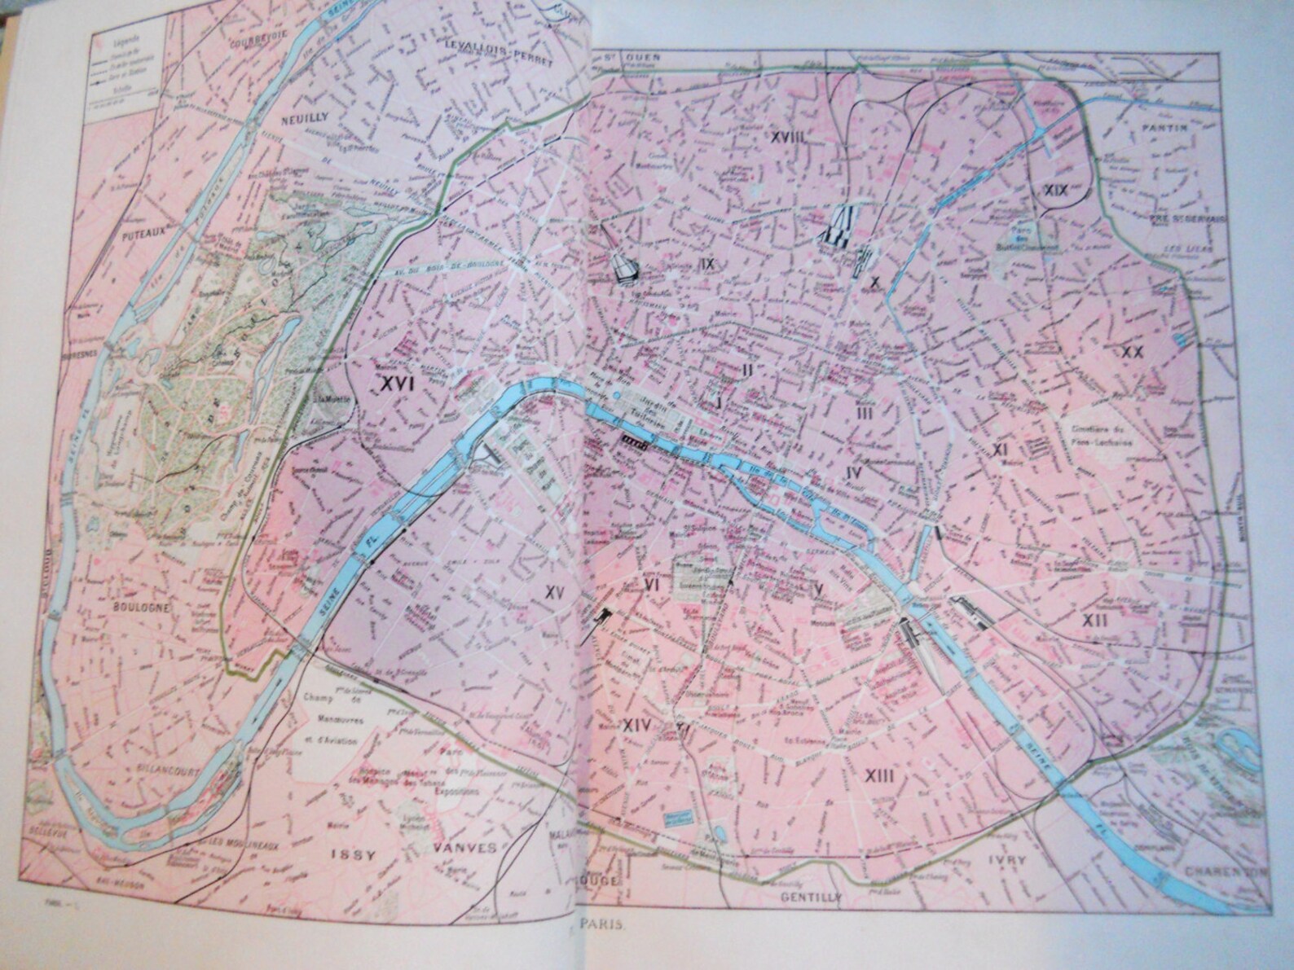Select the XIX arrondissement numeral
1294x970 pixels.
1056,190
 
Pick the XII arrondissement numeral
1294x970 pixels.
1094,620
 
